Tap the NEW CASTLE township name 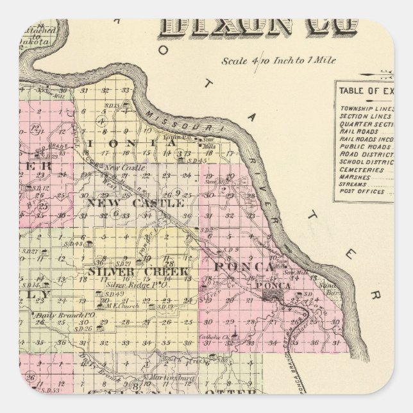coord(135,203)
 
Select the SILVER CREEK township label coord(139,271)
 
